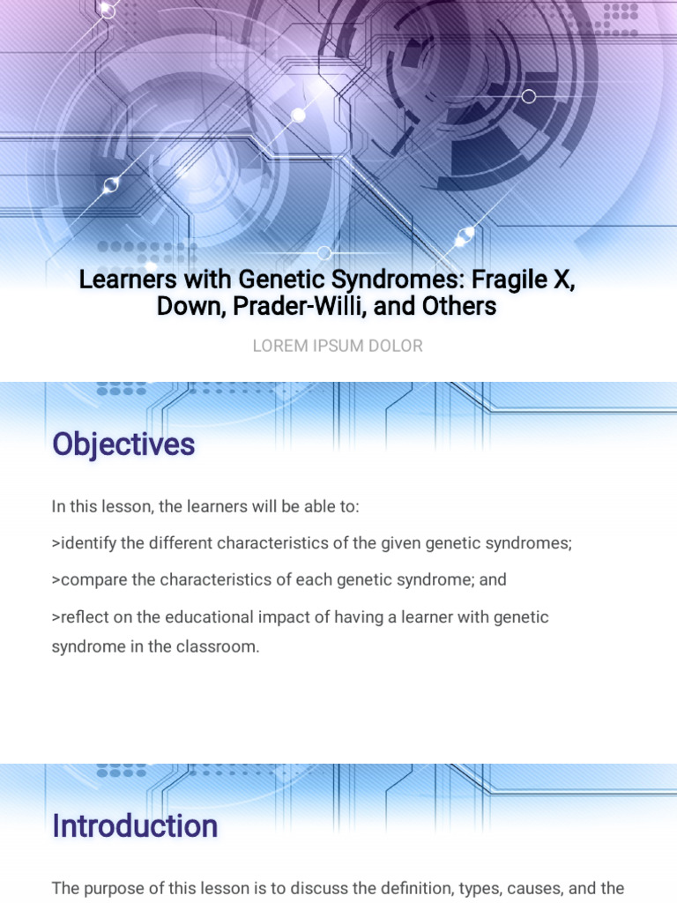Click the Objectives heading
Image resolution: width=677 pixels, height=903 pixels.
(123, 444)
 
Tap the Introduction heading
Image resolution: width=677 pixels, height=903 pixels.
(135, 826)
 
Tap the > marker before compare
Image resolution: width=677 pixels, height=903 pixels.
(56, 580)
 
